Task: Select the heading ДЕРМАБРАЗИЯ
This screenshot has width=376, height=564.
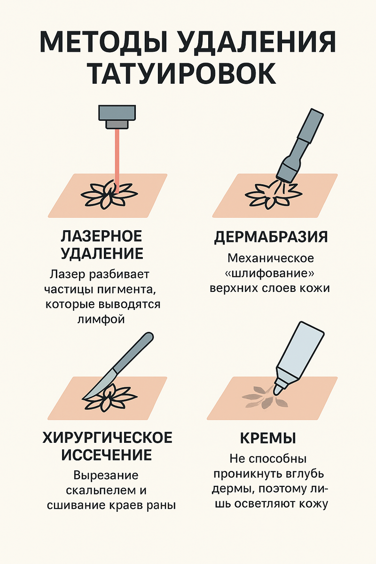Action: click(x=271, y=237)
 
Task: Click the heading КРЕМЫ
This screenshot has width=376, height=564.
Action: click(x=268, y=438)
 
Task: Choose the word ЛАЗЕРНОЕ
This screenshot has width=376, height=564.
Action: click(x=102, y=236)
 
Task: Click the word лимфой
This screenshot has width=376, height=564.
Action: click(x=101, y=319)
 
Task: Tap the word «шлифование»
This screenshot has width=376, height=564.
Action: click(x=269, y=274)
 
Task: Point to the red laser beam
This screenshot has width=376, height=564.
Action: click(x=117, y=161)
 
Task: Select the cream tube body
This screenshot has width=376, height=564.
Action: click(x=299, y=351)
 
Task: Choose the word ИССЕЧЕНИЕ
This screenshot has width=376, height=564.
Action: click(x=107, y=455)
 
